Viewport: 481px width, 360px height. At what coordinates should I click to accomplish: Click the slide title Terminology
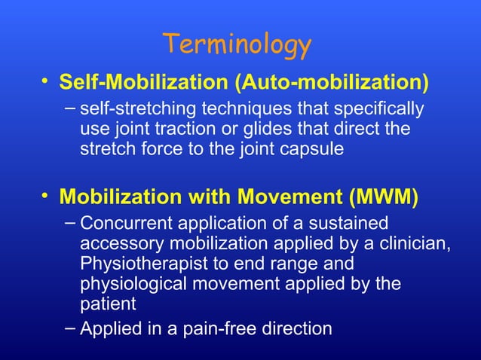click(237, 45)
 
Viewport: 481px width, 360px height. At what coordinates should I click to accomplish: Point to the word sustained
click(351, 224)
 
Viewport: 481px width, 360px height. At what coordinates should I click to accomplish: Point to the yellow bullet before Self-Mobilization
click(47, 79)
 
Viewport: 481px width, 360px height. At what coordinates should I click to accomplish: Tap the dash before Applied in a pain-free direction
click(69, 328)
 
